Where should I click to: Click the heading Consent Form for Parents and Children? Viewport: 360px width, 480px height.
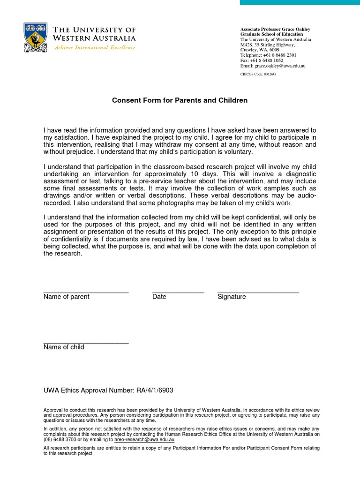coord(180,100)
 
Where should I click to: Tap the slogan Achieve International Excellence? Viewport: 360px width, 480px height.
coord(95,48)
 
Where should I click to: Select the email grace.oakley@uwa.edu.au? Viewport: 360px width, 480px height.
coord(280,66)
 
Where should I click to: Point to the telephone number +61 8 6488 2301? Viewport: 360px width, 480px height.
coord(279,55)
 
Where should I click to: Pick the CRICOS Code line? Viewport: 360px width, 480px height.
coord(258,75)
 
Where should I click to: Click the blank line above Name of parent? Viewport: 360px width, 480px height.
coord(86,292)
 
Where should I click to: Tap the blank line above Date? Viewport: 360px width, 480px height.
coord(178,292)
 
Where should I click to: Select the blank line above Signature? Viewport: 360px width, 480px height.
coord(258,292)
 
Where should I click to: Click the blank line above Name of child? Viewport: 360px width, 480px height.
coord(86,343)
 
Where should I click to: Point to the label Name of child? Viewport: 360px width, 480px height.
coord(64,347)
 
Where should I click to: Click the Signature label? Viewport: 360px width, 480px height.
coord(232,297)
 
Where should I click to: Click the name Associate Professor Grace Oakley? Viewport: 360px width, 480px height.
coord(275,30)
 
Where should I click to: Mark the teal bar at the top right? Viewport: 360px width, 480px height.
coord(300,2)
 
